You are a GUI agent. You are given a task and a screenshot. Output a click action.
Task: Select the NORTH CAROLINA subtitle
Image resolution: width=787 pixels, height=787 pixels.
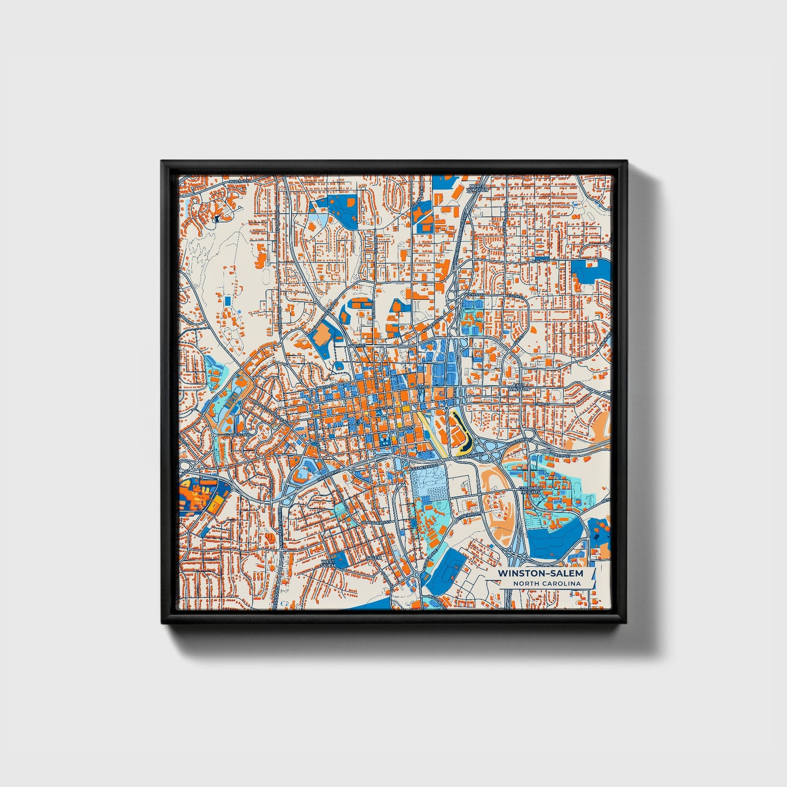point(546,584)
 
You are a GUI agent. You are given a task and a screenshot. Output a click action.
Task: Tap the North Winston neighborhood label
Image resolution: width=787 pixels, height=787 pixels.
point(477,188)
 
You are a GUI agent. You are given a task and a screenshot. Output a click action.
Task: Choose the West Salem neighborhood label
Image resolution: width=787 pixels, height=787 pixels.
point(328,563)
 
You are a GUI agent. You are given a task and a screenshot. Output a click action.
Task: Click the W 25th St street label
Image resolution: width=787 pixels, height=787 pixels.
point(238,181)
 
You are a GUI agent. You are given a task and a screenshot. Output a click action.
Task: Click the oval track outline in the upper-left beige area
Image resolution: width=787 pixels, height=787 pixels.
point(265,278)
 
